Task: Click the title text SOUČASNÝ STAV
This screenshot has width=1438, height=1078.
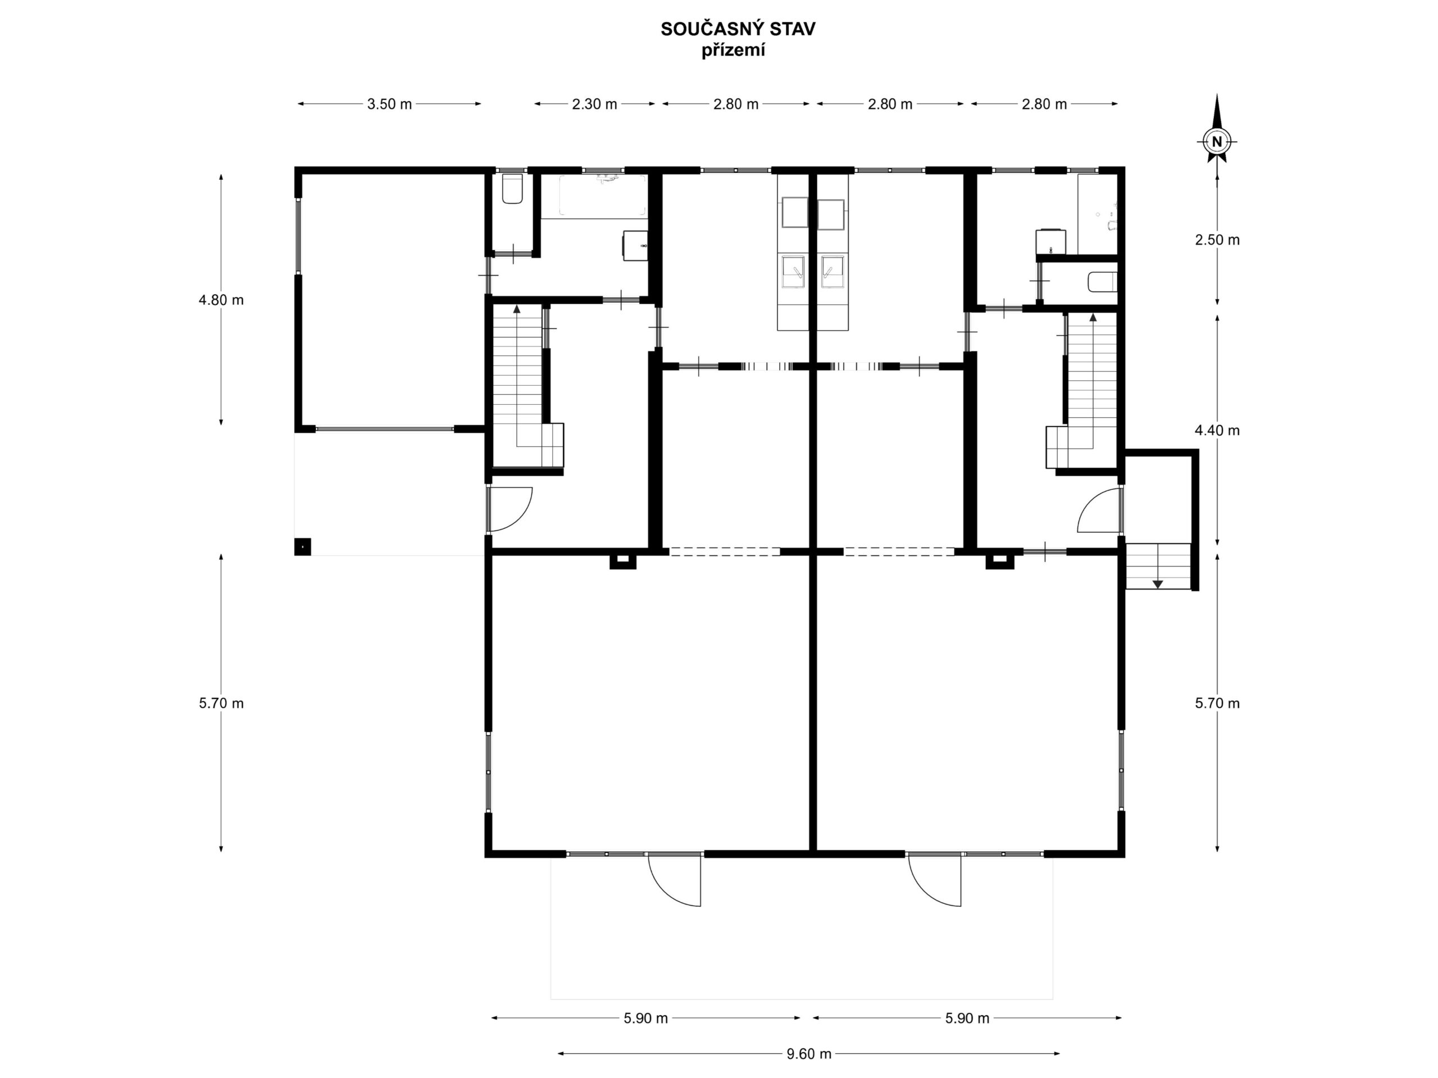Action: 738,29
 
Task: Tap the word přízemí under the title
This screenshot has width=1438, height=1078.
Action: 732,51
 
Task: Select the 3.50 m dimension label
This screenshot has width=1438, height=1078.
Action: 389,104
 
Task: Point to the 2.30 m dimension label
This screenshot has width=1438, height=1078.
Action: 594,104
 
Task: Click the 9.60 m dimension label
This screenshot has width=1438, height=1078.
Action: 809,1053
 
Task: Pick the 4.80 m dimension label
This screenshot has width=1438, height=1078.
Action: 221,300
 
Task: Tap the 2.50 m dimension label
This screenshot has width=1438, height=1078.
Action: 1217,240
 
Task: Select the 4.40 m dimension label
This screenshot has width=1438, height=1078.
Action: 1217,430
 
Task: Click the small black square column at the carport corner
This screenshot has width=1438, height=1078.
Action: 302,546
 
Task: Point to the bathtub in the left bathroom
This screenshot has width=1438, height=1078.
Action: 594,195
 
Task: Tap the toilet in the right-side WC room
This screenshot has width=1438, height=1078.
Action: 1103,282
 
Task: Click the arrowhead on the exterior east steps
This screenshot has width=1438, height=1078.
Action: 1158,584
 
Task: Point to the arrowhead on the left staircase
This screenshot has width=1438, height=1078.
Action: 517,309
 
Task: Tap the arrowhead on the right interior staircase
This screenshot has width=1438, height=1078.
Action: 1093,317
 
